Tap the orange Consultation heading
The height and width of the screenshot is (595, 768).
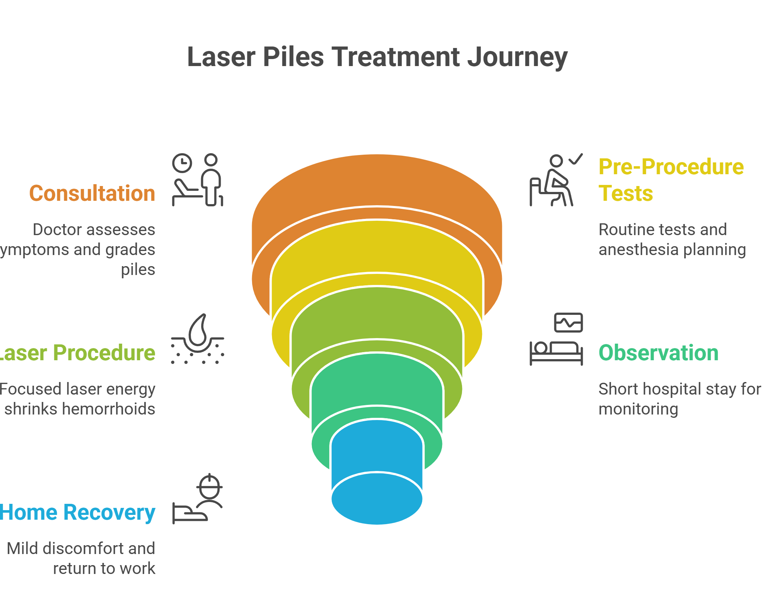(92, 193)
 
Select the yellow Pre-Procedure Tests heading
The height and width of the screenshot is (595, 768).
(671, 180)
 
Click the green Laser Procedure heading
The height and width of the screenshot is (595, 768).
(78, 353)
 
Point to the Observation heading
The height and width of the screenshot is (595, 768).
(658, 353)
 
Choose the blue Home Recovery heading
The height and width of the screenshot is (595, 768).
(78, 512)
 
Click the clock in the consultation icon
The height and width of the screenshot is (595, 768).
(182, 163)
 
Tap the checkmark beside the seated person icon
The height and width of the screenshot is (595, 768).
(576, 159)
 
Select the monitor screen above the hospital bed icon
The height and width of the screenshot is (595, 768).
(568, 323)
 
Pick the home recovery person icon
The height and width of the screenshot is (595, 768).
(209, 491)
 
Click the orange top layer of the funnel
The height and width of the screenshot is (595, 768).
(376, 181)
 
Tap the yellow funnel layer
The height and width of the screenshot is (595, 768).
(376, 247)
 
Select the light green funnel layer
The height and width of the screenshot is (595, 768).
(376, 314)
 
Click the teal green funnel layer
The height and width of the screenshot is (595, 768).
(376, 380)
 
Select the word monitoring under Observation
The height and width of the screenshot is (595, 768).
(638, 409)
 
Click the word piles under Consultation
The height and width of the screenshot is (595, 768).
(138, 270)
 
